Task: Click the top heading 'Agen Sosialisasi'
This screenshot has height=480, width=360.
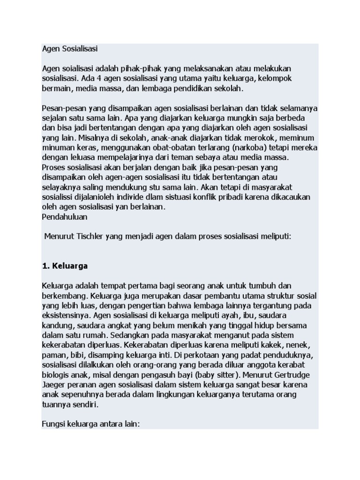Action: (x=70, y=49)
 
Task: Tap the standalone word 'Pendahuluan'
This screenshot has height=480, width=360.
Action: (x=65, y=217)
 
